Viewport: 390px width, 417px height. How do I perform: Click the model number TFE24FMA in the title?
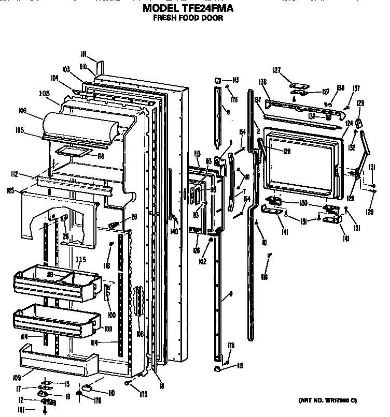pos(210,8)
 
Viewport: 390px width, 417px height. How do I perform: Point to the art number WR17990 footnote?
pos(328,400)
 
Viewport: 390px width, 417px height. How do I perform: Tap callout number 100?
pos(111,314)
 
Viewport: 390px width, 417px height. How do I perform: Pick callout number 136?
pos(263,82)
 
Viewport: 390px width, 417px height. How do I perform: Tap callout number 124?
pos(349,123)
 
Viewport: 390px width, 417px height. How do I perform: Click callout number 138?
pos(340,88)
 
